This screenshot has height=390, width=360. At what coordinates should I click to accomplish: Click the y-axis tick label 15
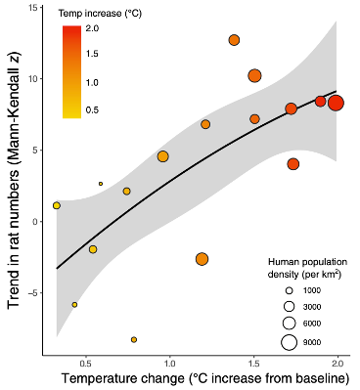point(33,8)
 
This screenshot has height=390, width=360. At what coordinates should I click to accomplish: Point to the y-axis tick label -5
point(33,292)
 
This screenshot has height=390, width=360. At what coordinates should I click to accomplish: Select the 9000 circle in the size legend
point(289,341)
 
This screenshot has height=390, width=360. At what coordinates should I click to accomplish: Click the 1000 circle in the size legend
point(289,291)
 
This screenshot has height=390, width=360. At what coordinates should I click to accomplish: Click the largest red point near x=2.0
point(336,103)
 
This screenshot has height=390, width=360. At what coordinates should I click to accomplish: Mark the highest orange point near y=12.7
point(235,40)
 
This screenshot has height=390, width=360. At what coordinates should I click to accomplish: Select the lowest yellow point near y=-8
point(134,339)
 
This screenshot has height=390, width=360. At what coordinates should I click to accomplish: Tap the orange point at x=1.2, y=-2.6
point(202,259)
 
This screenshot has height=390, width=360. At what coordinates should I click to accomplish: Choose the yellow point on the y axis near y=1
point(57,205)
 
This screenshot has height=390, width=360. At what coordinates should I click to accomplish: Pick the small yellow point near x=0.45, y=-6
point(74,304)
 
